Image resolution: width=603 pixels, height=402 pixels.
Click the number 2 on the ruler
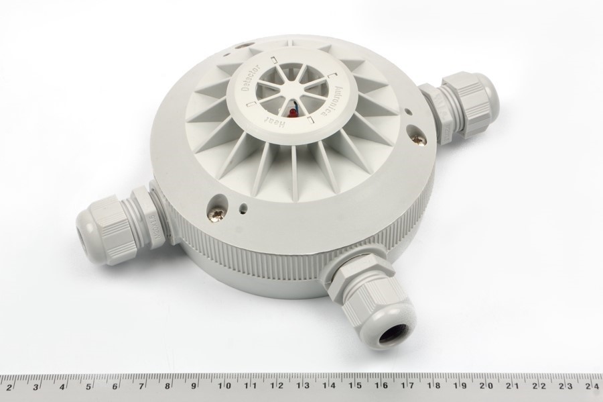coord(9,386)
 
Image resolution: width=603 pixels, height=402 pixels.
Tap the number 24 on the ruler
coord(589,386)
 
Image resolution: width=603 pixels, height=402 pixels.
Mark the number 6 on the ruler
coord(115,386)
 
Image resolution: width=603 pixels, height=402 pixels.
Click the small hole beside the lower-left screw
coord(241,207)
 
